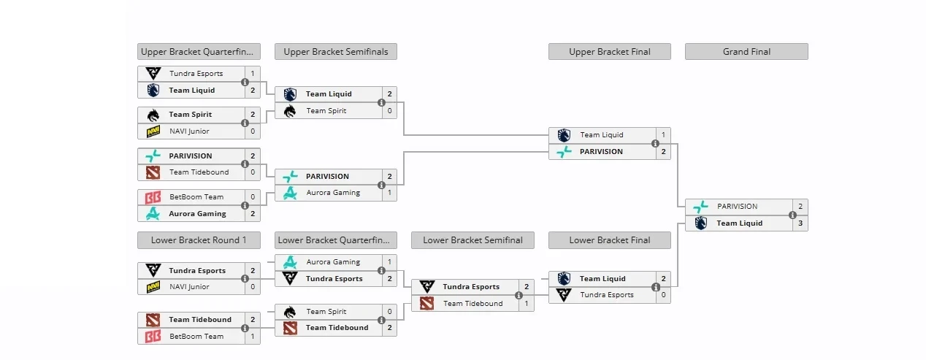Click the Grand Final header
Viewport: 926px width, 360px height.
tap(746, 52)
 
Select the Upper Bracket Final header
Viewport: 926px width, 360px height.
tap(609, 52)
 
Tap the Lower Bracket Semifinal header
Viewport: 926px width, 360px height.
tap(472, 240)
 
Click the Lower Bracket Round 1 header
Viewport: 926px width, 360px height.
tap(199, 240)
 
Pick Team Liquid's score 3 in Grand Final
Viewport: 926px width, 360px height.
tap(800, 223)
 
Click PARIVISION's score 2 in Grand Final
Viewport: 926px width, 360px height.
tap(800, 207)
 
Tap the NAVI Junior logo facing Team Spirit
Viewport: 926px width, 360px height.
tap(153, 131)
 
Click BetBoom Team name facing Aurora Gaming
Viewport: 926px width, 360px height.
tap(196, 197)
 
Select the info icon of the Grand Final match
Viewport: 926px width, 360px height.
tap(792, 215)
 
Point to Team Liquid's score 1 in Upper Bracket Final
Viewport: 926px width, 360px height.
tap(663, 135)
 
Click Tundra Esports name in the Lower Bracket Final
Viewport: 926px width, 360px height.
tap(607, 295)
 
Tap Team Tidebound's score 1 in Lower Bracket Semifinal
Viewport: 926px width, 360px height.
tap(527, 304)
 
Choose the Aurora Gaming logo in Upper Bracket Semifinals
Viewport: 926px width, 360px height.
tap(290, 193)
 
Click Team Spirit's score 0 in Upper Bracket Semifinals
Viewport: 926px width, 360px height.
tap(389, 111)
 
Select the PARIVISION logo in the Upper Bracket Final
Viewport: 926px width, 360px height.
tap(563, 152)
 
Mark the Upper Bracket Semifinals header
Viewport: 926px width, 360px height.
tap(336, 52)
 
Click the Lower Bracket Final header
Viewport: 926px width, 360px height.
tap(609, 240)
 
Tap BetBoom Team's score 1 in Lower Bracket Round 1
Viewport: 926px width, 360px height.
tap(253, 337)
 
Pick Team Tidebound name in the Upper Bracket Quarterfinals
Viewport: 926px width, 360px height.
tap(199, 172)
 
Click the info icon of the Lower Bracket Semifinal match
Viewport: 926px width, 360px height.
tap(519, 296)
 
